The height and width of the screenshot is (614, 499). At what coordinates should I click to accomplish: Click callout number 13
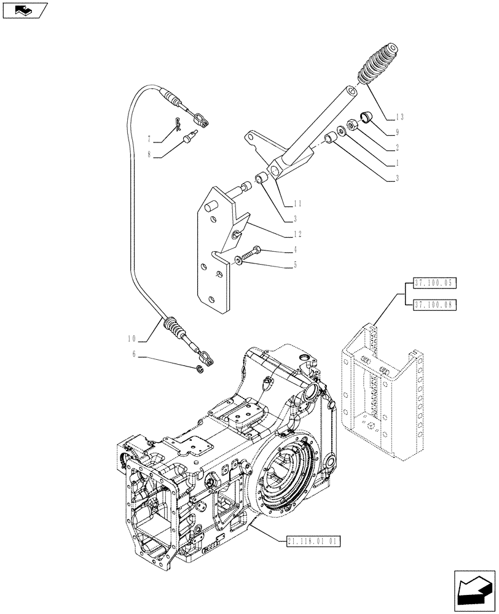click(400, 117)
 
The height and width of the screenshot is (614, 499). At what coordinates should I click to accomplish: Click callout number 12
click(297, 234)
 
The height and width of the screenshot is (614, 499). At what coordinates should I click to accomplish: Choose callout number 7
click(149, 140)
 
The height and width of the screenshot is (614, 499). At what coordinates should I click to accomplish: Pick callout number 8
click(149, 156)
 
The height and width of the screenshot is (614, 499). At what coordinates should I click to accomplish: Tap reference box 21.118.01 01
click(313, 542)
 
